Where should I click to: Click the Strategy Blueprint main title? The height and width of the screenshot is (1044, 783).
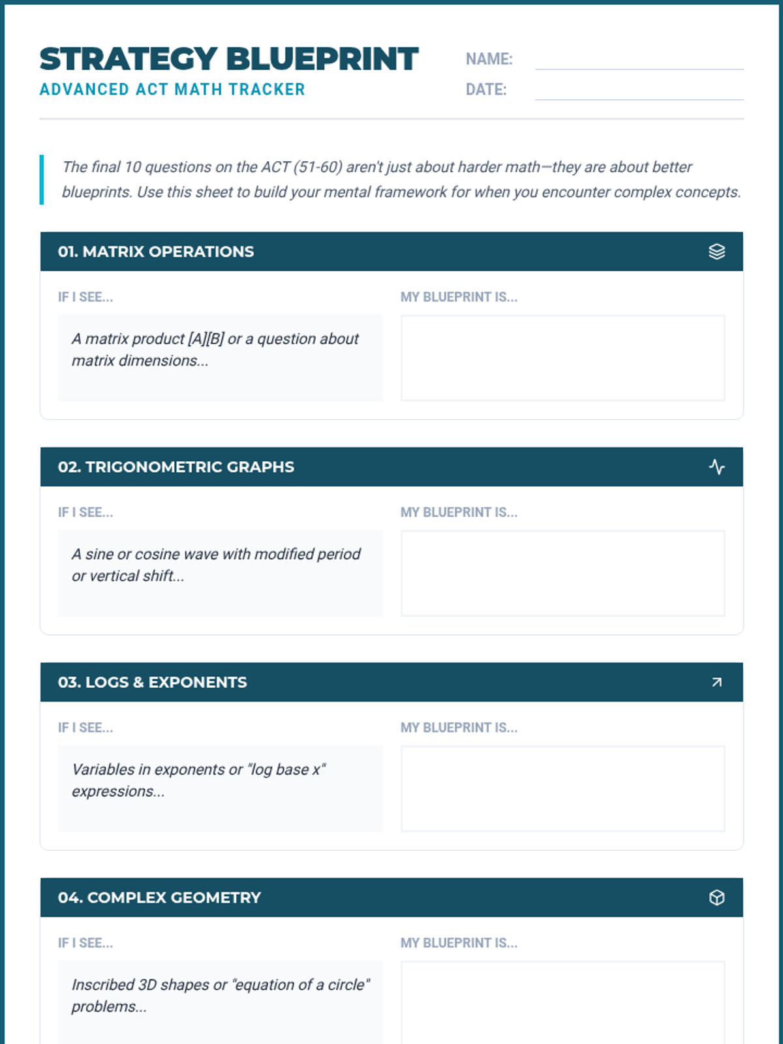pos(228,59)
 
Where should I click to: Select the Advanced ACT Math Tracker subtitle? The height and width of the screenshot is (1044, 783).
pos(172,89)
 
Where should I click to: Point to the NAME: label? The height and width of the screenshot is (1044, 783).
pos(489,59)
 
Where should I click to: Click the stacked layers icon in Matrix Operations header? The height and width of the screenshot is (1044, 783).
pos(716,251)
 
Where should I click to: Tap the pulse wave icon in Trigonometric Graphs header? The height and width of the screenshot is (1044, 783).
pos(716,467)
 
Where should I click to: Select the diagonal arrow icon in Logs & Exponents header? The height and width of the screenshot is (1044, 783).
pos(716,682)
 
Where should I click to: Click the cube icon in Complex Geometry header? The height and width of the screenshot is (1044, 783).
pos(716,897)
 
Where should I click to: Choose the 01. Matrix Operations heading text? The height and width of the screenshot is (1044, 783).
pos(156,251)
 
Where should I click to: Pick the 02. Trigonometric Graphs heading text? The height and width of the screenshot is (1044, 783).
pos(176,467)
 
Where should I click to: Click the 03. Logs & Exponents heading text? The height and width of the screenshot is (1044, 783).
pos(153,682)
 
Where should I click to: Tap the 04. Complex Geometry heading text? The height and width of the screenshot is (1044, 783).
pos(159,897)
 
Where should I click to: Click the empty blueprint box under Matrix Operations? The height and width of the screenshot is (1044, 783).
pos(562,358)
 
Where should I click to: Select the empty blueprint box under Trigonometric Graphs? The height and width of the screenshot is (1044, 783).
pos(562,573)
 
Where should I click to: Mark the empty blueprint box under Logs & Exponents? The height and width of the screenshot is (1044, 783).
pos(562,788)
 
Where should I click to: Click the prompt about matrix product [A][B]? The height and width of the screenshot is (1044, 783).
pos(215,350)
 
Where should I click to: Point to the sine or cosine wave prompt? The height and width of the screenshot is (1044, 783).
pos(215,565)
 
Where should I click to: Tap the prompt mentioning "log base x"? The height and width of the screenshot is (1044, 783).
pos(198,780)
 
